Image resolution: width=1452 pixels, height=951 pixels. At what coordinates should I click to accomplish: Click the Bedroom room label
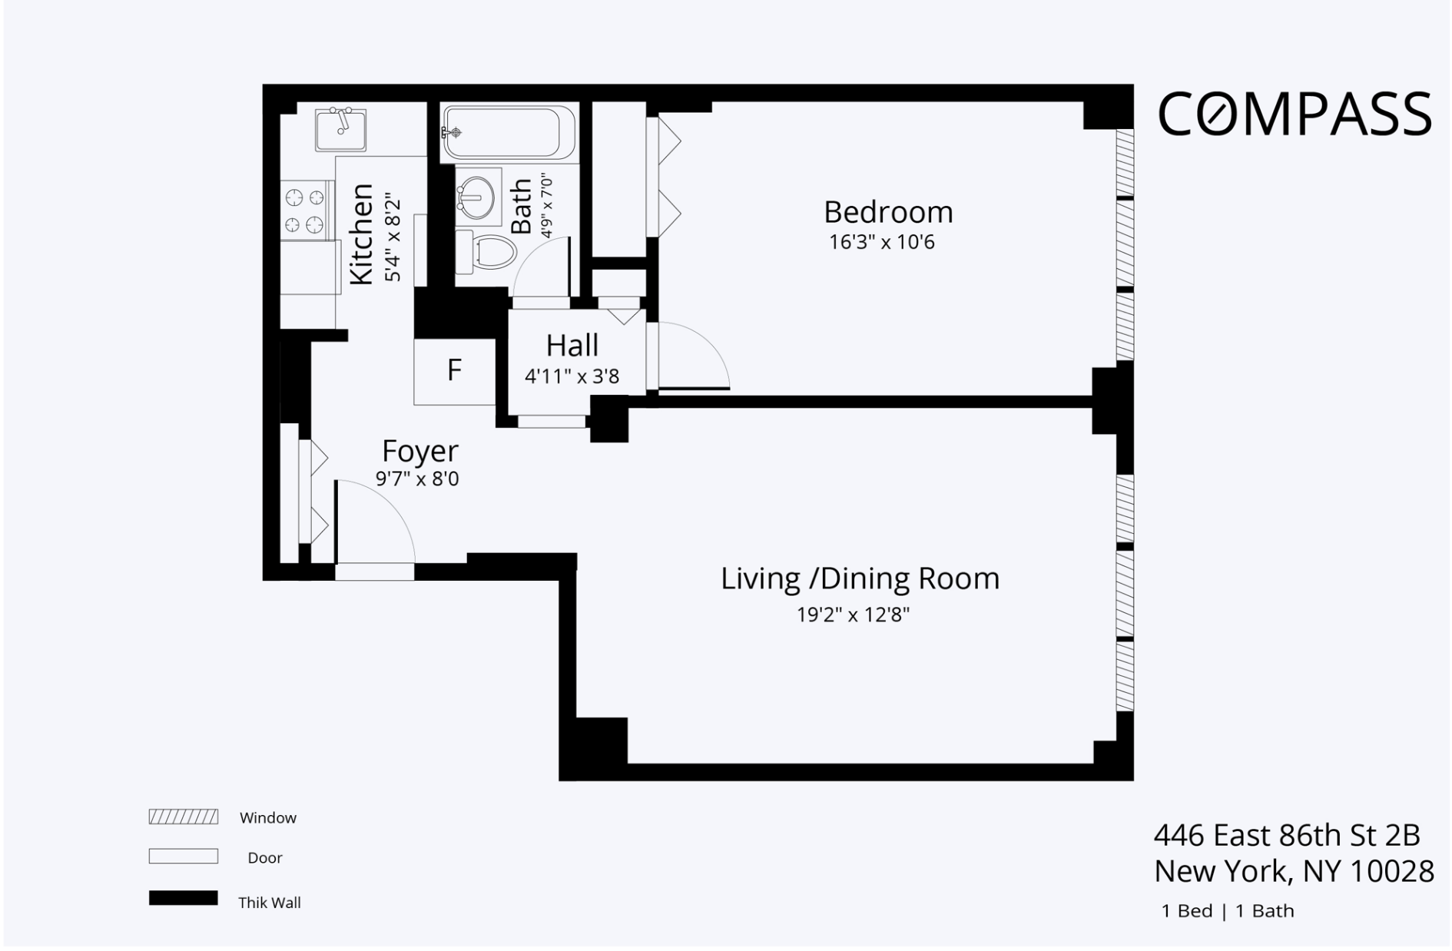click(887, 212)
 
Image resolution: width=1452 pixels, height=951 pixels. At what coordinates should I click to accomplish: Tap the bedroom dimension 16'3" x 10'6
click(881, 243)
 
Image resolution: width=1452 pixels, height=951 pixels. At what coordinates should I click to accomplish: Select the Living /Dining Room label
click(859, 578)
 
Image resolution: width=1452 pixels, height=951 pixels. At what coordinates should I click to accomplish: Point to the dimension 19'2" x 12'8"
click(853, 615)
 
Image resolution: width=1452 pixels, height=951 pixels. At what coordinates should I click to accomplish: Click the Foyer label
click(419, 451)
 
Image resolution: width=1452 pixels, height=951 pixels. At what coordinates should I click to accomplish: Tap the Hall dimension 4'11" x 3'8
click(572, 376)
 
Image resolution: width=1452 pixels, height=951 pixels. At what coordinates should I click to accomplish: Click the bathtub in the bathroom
click(508, 133)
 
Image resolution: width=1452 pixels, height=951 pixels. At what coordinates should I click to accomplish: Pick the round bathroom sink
click(477, 197)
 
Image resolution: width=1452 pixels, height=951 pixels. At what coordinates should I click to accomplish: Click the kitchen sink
click(340, 129)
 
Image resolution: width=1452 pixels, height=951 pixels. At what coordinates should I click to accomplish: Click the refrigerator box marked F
click(454, 371)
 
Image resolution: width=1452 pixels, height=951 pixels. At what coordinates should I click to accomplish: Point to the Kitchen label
click(361, 234)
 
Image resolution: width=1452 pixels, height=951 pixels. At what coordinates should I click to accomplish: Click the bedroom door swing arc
click(695, 356)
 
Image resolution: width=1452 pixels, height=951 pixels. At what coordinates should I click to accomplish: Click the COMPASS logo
click(1294, 114)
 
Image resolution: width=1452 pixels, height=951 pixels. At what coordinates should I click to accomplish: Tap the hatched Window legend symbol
click(183, 817)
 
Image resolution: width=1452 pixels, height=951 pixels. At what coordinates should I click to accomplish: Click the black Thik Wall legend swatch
click(183, 898)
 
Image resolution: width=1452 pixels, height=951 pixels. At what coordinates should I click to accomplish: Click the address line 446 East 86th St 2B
click(1286, 835)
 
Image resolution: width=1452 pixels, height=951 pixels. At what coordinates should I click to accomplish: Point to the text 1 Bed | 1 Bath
click(1227, 911)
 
